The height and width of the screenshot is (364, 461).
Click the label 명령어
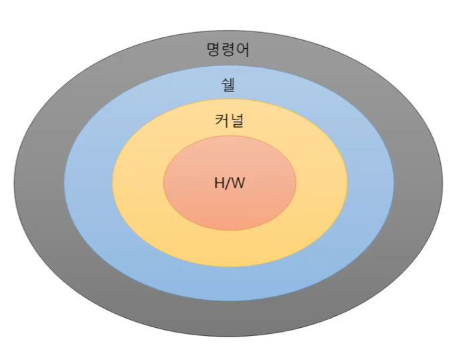pos(228,49)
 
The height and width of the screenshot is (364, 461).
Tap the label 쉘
pos(228,85)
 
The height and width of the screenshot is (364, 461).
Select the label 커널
pos(229,121)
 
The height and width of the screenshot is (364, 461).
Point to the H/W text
pos(229,183)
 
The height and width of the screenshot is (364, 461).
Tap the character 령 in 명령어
pos(229,49)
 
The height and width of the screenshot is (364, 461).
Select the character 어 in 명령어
pos(242,49)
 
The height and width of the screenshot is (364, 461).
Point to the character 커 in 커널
pos(221,121)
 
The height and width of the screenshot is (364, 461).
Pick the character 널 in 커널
pos(236,121)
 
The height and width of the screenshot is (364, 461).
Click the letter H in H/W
pos(219,183)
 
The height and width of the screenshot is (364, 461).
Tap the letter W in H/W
pos(238,183)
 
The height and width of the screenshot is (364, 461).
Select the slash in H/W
pos(228,183)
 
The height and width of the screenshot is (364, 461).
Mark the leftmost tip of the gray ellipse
pos(14,182)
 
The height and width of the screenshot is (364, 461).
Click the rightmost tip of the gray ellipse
pos(443,182)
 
